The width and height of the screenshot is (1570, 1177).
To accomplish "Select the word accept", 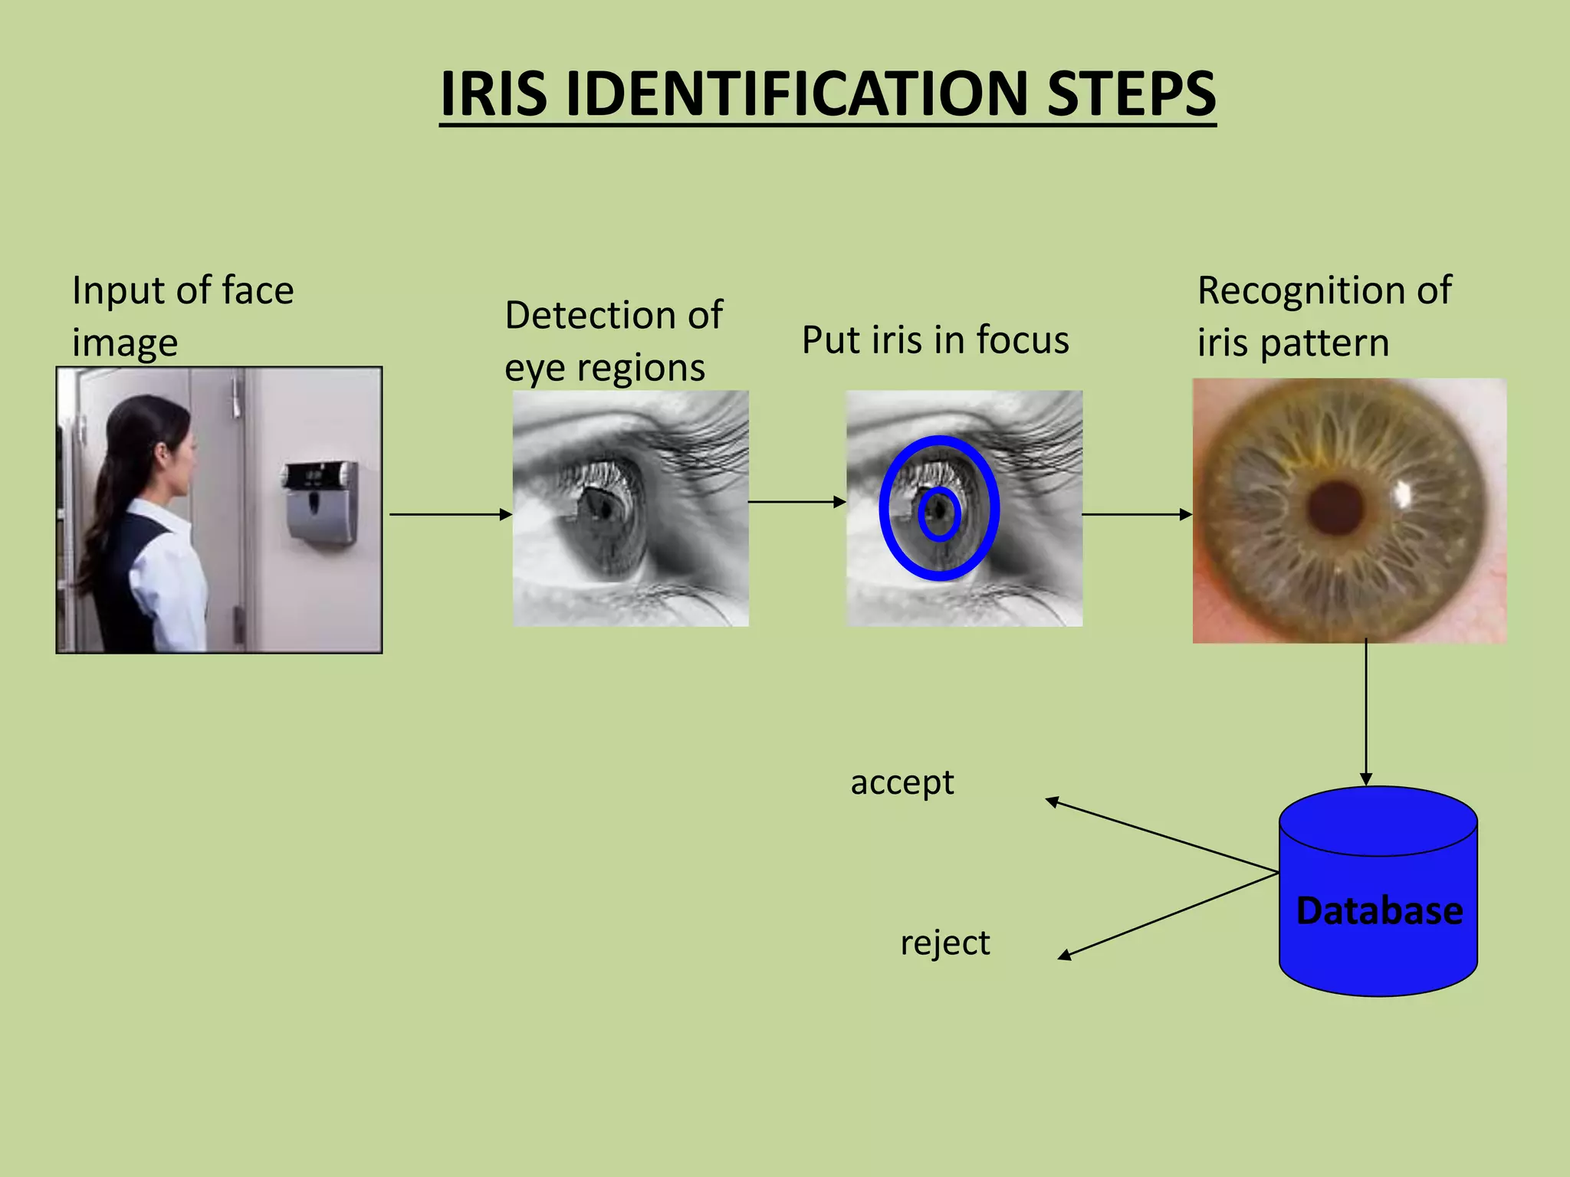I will (902, 782).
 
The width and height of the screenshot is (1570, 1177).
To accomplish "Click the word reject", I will (944, 943).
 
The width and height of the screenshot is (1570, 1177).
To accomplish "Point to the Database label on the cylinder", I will (1379, 911).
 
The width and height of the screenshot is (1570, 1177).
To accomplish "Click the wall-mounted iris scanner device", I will (321, 501).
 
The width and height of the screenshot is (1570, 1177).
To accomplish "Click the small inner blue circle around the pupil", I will (939, 514).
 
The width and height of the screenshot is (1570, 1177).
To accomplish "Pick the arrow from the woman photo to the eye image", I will (450, 514).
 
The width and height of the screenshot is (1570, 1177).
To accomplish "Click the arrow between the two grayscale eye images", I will (796, 502).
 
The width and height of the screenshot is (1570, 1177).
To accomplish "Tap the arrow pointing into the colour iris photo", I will (1137, 514).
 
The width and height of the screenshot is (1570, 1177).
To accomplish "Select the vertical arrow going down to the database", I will (1365, 713).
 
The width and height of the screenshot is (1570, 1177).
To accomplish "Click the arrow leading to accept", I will (1161, 836).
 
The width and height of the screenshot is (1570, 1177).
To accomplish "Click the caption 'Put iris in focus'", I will (935, 339).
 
